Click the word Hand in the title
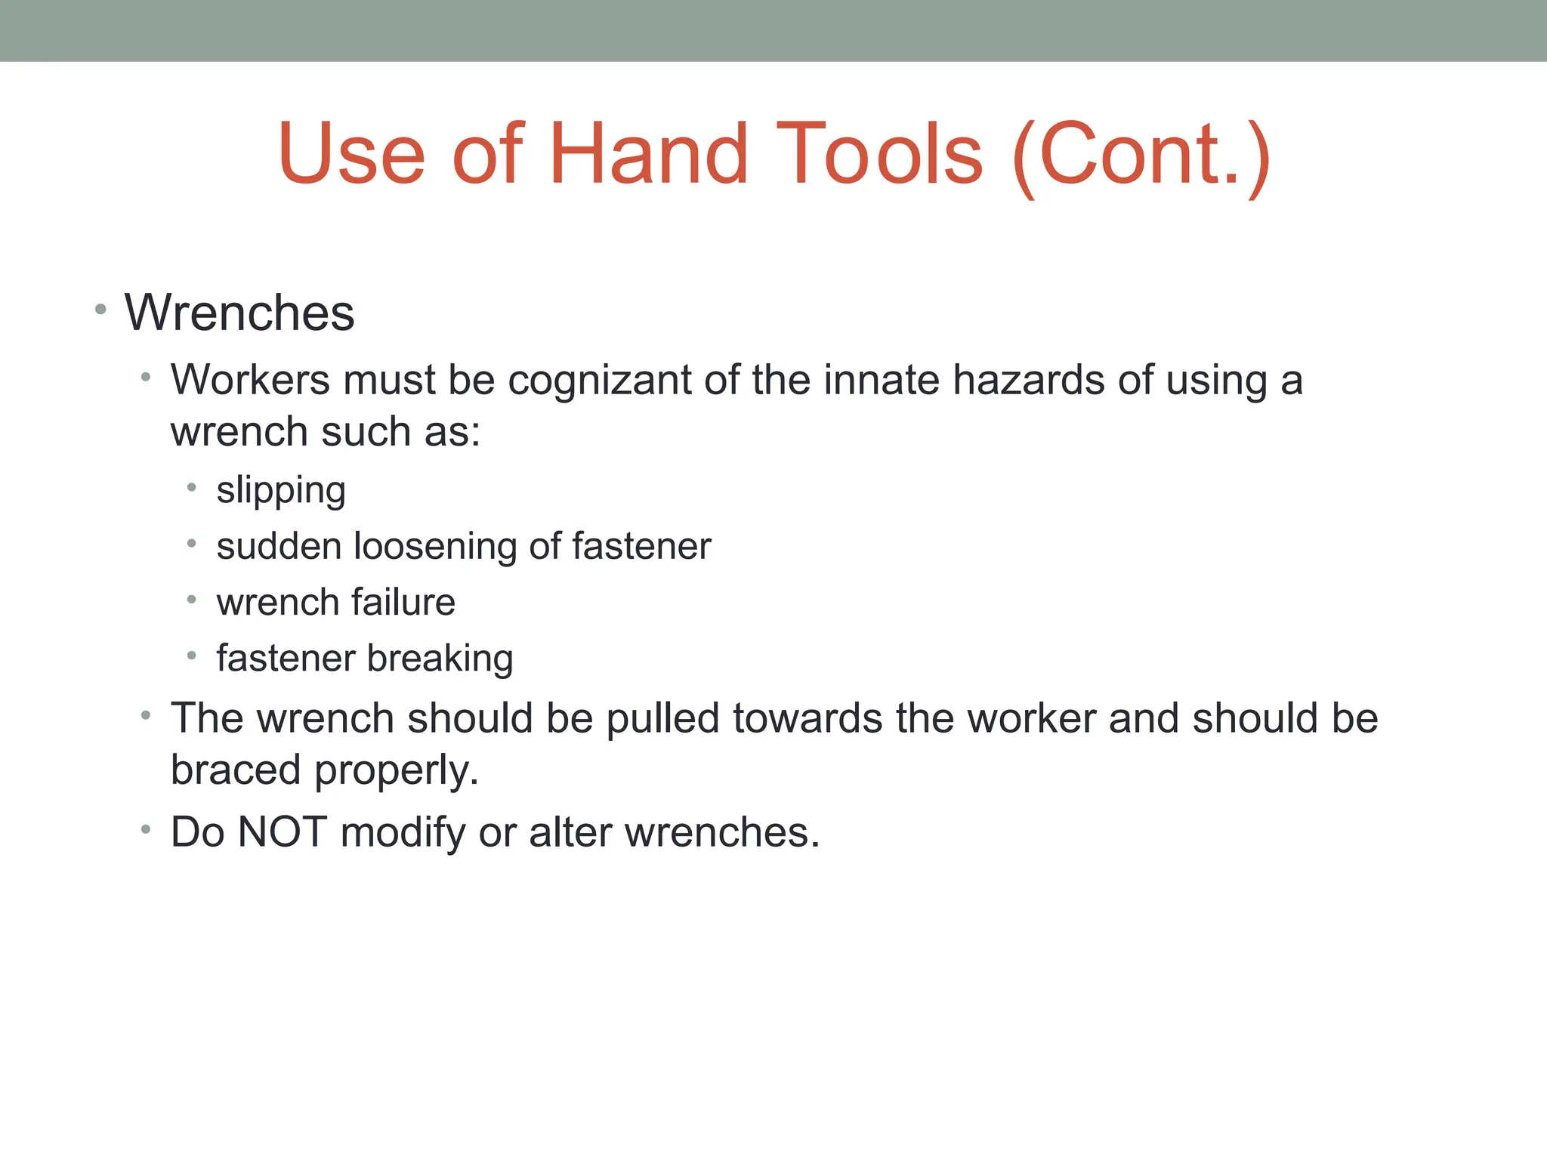[648, 154]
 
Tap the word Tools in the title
[880, 154]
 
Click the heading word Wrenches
[239, 313]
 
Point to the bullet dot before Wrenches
[100, 309]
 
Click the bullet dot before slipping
[192, 488]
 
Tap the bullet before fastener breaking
[192, 656]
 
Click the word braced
[236, 770]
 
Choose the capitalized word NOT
[282, 832]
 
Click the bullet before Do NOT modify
[146, 829]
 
